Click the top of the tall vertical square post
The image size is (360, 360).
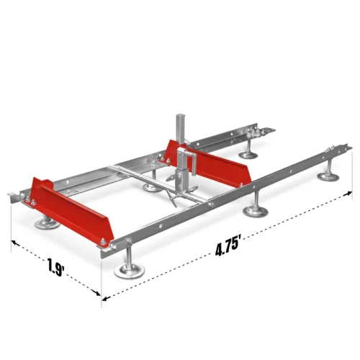pyautogui.click(x=179, y=116)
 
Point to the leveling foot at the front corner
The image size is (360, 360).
pyautogui.click(x=130, y=270)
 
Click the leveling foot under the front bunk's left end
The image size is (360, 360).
pyautogui.click(x=45, y=225)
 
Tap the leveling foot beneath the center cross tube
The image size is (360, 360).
pyautogui.click(x=151, y=188)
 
